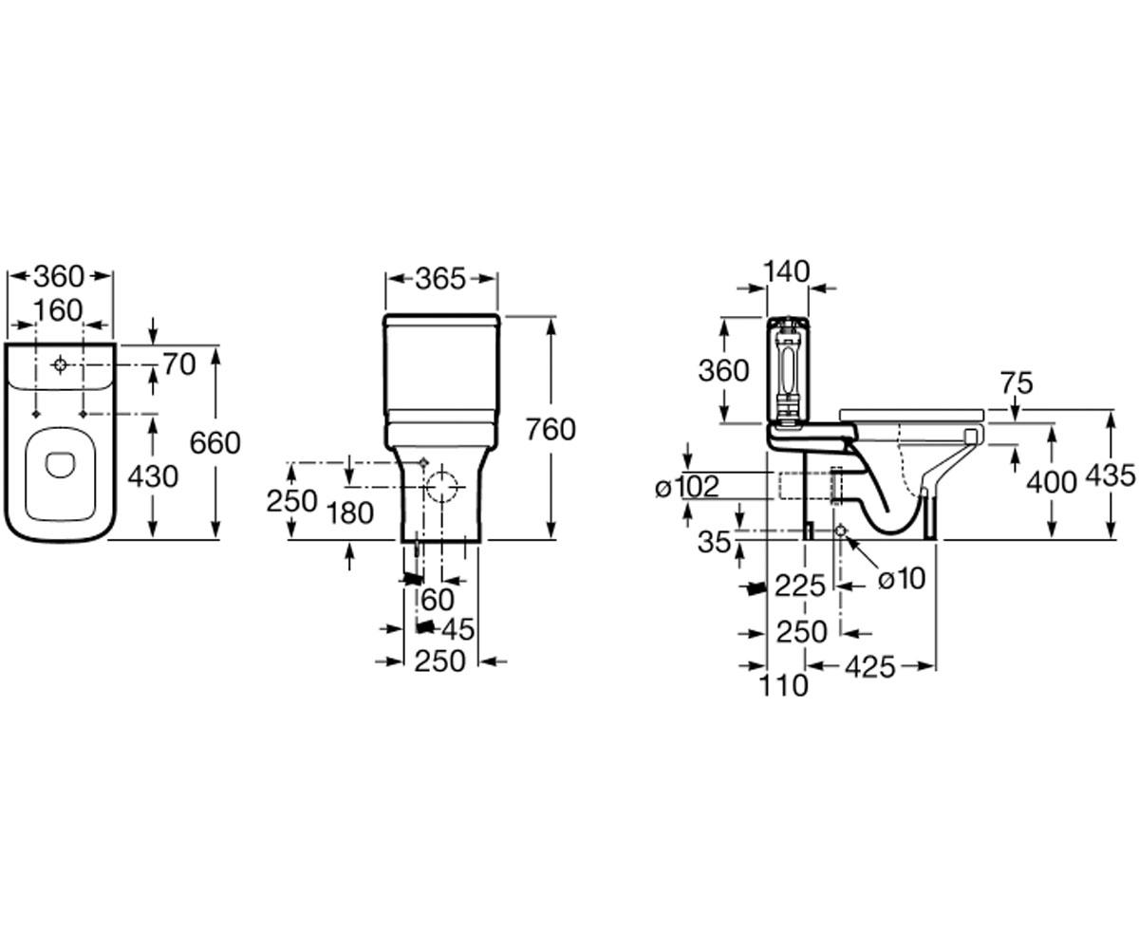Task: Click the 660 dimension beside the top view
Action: pos(215,442)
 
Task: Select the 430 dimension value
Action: pos(153,476)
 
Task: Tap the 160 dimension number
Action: pos(58,310)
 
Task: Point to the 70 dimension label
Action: pos(179,364)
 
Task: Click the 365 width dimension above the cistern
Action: pos(440,279)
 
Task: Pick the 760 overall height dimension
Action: pos(551,429)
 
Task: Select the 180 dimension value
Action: pos(349,513)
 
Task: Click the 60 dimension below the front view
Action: pos(438,601)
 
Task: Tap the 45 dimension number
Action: pos(457,630)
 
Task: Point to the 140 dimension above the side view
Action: pos(786,271)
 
